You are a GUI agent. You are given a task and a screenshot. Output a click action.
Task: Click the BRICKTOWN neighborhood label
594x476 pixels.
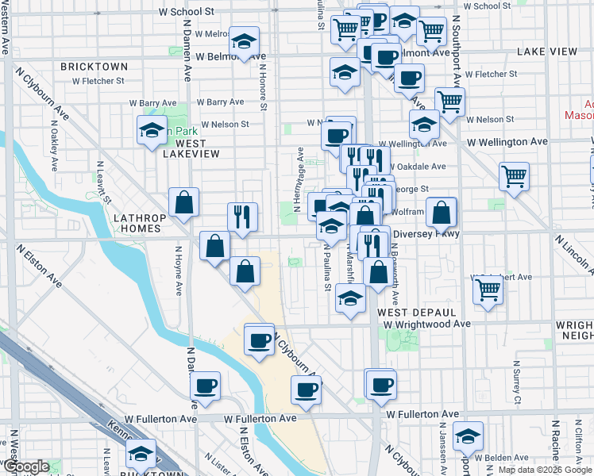[94, 66]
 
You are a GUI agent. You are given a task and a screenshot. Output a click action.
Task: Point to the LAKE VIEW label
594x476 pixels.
[547, 51]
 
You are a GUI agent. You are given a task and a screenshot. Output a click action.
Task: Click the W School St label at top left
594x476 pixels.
[187, 12]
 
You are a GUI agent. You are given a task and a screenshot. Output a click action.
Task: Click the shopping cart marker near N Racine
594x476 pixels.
[488, 290]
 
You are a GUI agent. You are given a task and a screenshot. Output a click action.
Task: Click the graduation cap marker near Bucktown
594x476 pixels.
[141, 453]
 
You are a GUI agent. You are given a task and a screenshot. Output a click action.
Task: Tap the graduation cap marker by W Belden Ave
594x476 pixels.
[468, 435]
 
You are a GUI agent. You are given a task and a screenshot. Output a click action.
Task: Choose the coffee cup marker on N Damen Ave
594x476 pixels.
[205, 386]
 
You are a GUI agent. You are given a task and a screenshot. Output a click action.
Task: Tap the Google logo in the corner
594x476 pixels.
[25, 467]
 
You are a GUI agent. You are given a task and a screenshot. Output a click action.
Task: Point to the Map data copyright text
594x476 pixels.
[546, 470]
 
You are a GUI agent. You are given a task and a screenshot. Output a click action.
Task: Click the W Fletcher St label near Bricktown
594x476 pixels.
[98, 80]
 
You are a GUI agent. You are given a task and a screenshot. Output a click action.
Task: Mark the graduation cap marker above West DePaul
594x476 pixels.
[349, 299]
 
